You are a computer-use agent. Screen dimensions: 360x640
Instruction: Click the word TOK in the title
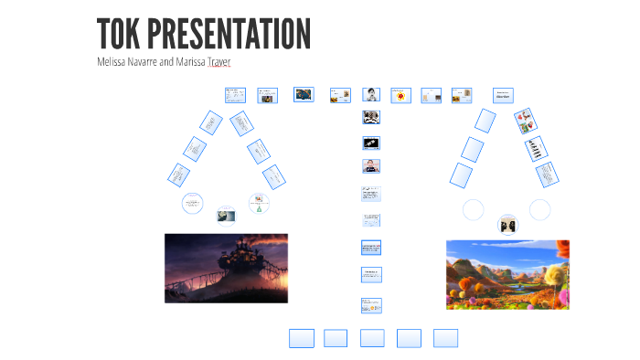pos(118,35)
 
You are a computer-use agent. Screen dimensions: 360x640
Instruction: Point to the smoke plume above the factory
pos(261,247)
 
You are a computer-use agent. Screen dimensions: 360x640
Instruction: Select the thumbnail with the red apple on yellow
pos(401,95)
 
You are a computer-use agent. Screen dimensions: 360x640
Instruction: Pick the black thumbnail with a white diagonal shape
pos(371,143)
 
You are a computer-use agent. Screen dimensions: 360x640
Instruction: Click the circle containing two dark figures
pos(507,225)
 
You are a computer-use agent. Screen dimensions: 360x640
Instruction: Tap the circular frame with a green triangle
pos(260,204)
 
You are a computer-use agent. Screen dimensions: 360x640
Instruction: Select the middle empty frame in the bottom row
pos(372,338)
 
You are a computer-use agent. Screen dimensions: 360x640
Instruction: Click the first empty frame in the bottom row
pos(302,338)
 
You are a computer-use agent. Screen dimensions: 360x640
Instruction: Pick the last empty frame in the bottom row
pos(445,338)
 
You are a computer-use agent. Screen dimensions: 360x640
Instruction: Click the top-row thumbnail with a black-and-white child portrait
pos(371,95)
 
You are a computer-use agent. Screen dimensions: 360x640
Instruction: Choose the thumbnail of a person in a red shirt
pos(371,166)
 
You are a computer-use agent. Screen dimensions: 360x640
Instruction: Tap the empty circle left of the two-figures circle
pos(473,210)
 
